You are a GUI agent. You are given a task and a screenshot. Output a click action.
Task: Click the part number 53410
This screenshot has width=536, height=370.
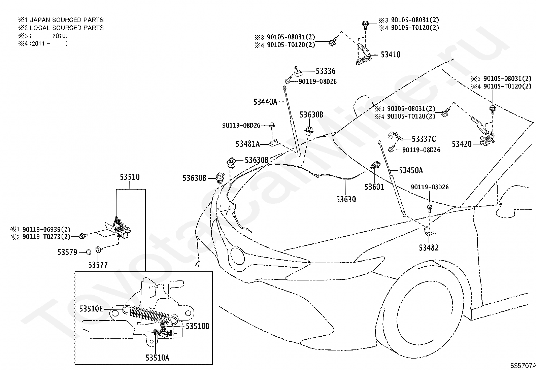coord(391,55)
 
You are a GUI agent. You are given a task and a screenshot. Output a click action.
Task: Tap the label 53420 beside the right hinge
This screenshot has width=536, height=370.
coord(462,144)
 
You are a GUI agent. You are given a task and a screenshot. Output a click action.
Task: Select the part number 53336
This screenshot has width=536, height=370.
coord(326,71)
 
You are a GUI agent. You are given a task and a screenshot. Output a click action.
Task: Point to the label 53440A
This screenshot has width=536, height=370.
coord(265,102)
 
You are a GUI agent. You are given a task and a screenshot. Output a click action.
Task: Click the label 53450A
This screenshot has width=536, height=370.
coord(411,170)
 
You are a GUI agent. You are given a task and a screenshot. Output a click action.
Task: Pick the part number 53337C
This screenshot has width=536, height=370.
coord(424,139)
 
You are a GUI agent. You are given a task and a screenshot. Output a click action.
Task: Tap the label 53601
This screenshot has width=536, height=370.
coord(374,187)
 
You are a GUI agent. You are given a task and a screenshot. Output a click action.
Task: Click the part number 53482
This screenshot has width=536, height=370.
coord(429,248)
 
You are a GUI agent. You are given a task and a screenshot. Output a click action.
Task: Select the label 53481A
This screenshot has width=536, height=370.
coord(248,144)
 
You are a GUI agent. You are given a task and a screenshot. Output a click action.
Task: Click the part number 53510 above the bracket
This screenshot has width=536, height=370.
coord(130,177)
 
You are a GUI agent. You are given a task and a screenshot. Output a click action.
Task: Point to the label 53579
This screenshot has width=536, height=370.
coord(67,252)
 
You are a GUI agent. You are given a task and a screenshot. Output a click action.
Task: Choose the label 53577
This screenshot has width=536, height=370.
coord(98,265)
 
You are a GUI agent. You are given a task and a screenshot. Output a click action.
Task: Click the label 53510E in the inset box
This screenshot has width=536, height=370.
coord(91,309)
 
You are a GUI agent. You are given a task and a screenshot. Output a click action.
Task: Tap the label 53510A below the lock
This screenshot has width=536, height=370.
coord(158,358)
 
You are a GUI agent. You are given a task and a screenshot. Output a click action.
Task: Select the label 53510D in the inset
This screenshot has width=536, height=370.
coord(198,326)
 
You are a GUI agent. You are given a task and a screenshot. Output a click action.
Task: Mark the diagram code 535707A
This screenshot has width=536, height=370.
coord(523,366)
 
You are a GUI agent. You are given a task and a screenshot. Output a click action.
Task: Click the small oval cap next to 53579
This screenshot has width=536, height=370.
coord(89,252)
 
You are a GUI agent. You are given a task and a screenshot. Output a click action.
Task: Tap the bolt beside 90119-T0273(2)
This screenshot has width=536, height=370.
coord(83,236)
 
